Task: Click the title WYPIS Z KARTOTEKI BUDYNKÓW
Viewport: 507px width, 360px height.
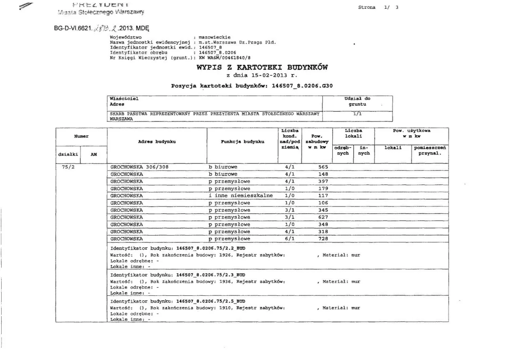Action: pyautogui.click(x=262, y=67)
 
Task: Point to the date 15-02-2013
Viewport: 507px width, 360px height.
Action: pyautogui.click(x=266, y=75)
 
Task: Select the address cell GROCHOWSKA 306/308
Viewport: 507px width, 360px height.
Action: pyautogui.click(x=140, y=167)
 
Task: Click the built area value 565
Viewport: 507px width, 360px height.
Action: pyautogui.click(x=323, y=167)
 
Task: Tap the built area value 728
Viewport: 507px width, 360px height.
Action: pyautogui.click(x=323, y=239)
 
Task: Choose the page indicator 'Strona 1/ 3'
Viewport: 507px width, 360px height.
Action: pyautogui.click(x=378, y=7)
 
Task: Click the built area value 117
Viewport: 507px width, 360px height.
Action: pyautogui.click(x=323, y=195)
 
